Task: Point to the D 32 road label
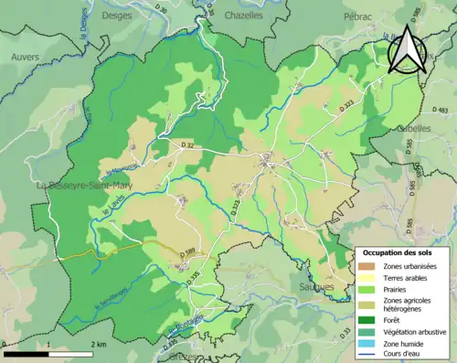tap(187, 144)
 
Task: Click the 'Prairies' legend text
tap(396, 287)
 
